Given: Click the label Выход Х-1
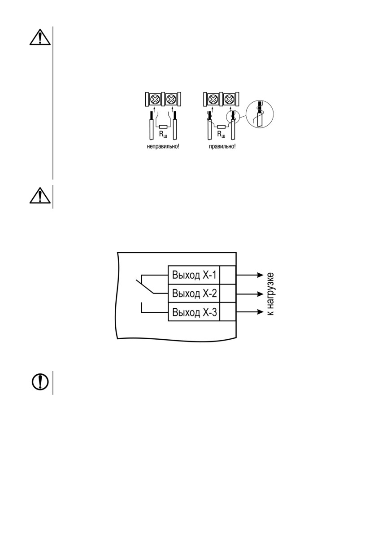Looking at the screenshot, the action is [x=194, y=275].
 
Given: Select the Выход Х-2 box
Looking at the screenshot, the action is [x=194, y=293].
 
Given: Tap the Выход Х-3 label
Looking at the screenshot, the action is [x=194, y=312].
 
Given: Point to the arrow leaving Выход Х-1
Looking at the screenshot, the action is [x=250, y=275].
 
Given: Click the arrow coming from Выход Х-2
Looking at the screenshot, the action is [x=250, y=294].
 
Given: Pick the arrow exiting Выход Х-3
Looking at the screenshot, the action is [x=250, y=312].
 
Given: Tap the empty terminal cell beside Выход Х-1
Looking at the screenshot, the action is [x=228, y=275].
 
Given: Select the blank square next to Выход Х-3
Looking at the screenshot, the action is [x=228, y=312].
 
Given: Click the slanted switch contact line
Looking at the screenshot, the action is [x=145, y=287].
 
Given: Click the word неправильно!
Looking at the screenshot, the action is [x=163, y=146].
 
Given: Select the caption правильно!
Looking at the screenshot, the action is [x=222, y=146].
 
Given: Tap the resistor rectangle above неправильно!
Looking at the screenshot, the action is [x=163, y=127].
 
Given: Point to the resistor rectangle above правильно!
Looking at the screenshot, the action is [x=221, y=127].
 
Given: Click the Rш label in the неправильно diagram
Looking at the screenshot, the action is [x=163, y=135].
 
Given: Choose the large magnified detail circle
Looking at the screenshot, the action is [x=260, y=114].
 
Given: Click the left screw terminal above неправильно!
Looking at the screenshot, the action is [x=155, y=99].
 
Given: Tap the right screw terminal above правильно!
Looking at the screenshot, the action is [x=228, y=99].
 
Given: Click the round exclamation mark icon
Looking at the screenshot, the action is [x=40, y=382].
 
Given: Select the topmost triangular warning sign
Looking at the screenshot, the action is [x=40, y=37].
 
